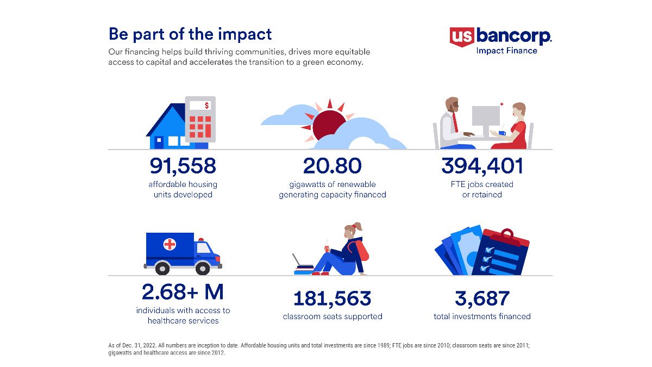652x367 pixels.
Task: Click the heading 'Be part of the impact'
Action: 190,34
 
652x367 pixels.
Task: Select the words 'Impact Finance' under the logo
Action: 506,51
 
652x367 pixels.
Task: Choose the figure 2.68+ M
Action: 183,293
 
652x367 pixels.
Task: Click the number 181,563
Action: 332,298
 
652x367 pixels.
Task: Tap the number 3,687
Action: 482,298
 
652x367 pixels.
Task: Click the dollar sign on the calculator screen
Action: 206,105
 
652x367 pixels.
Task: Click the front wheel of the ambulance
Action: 202,268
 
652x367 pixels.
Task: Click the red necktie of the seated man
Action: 455,123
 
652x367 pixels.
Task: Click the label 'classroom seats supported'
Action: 332,316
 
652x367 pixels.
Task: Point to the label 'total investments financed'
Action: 482,316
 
